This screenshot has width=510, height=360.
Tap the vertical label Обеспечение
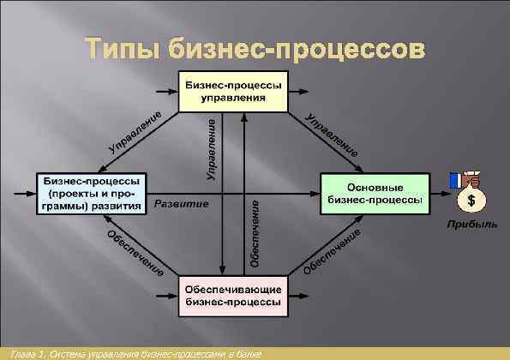click(x=255, y=233)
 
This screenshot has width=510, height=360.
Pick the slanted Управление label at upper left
click(x=135, y=134)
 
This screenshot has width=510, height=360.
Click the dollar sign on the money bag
click(x=471, y=201)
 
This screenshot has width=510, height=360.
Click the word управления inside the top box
click(x=232, y=98)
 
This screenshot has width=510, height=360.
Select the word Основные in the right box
click(x=375, y=185)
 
